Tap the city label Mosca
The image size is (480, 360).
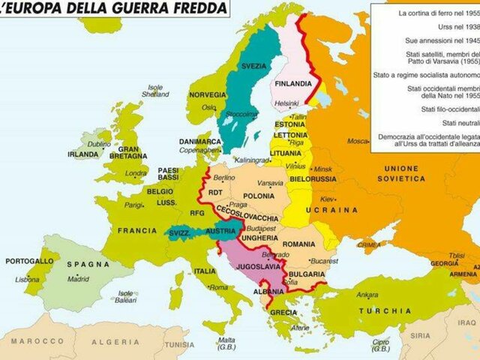pos(358,140)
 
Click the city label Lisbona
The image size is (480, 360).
pos(27,279)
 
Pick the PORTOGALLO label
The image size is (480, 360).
pos(29,261)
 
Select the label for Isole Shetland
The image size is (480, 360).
pos(155,91)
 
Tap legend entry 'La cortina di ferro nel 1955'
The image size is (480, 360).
pos(438,13)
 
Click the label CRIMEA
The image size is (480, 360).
pos(368,244)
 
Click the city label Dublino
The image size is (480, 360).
pos(98,143)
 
